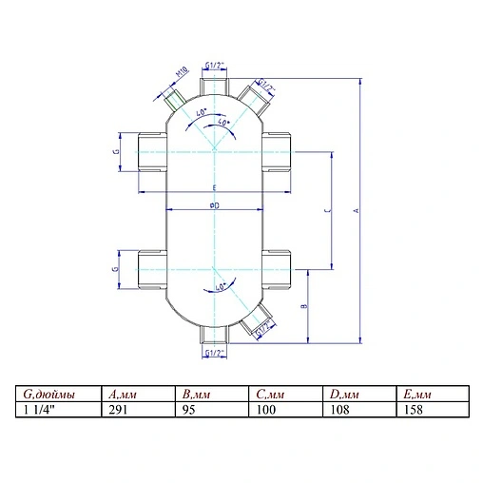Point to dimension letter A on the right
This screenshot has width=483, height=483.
(357, 211)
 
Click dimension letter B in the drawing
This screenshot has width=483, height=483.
(302, 306)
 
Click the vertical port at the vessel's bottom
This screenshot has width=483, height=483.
(215, 336)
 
